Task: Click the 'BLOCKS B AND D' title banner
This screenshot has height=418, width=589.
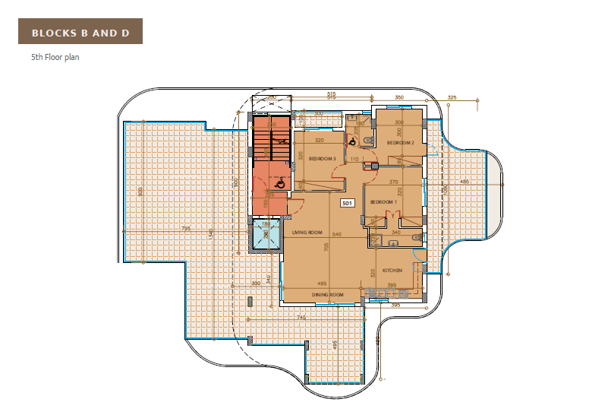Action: [x=80, y=33]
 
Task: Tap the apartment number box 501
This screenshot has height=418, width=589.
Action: [x=348, y=204]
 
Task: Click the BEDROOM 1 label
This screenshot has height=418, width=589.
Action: [x=383, y=201]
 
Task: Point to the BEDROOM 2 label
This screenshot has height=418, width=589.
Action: [x=400, y=142]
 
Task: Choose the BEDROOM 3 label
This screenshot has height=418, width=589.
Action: [x=322, y=158]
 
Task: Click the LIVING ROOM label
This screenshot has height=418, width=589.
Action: [x=307, y=233]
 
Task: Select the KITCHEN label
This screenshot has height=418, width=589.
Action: [x=392, y=271]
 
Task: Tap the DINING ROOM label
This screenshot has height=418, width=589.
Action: [x=328, y=294]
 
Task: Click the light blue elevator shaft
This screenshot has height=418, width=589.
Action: [x=266, y=235]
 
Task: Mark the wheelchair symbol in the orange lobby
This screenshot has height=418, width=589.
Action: [x=279, y=183]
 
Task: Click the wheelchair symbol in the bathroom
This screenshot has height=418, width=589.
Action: [x=353, y=140]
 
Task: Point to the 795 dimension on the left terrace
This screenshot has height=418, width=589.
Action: [x=186, y=229]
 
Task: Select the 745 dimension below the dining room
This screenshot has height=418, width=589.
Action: [x=301, y=318]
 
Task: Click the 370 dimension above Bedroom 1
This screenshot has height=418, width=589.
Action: [x=394, y=182]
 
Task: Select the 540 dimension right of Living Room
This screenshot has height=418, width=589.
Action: [x=337, y=234]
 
